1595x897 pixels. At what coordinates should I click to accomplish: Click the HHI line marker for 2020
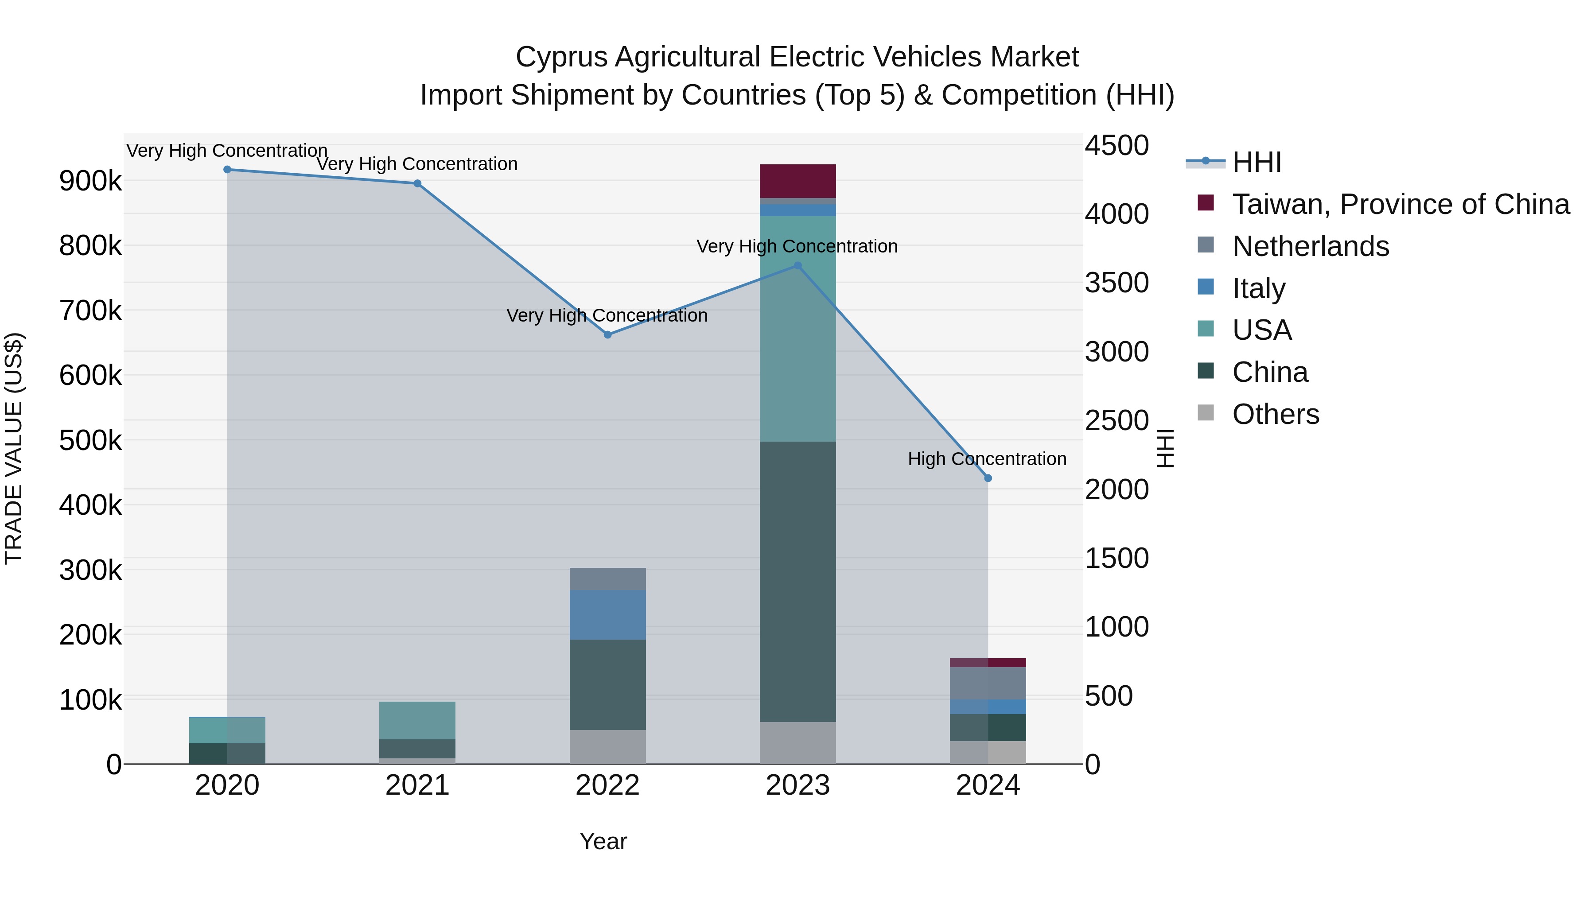227,169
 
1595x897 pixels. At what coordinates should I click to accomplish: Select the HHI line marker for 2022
607,334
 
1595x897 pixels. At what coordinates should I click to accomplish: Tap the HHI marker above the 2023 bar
797,266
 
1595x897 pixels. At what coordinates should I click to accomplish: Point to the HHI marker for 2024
988,478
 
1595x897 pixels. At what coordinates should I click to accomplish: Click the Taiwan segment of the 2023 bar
797,181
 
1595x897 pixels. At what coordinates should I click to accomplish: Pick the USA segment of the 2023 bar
797,328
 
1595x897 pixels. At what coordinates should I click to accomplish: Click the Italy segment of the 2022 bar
607,615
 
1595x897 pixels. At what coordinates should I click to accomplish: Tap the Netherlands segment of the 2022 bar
607,579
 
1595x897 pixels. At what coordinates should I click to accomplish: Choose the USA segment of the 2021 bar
417,720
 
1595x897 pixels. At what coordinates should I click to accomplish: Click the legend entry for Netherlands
1310,246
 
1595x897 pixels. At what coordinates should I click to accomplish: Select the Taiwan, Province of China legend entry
1400,204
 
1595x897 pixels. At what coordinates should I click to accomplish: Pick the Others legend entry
1276,414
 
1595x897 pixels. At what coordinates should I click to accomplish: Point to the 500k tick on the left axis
90,441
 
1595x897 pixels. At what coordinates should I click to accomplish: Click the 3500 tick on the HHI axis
1116,283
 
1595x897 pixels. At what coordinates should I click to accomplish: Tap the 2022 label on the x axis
607,785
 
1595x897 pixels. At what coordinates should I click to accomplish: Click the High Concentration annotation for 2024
987,459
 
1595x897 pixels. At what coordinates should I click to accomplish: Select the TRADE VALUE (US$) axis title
14,448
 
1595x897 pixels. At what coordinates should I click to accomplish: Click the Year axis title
603,841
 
